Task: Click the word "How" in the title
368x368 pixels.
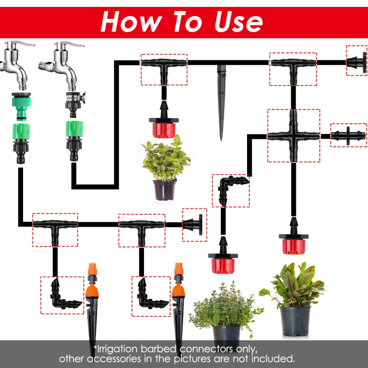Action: (x=131, y=22)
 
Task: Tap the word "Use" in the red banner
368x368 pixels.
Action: (x=239, y=22)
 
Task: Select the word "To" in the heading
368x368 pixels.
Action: (x=188, y=22)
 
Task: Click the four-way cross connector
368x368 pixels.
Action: (x=293, y=136)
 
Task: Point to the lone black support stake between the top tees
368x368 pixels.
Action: (x=221, y=103)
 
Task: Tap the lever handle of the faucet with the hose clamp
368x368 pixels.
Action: (x=71, y=44)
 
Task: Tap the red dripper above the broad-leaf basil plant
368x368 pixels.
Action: (x=164, y=120)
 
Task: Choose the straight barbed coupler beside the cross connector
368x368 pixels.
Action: (x=348, y=135)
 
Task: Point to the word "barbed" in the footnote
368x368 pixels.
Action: (x=159, y=349)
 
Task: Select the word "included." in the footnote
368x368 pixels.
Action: (x=273, y=359)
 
